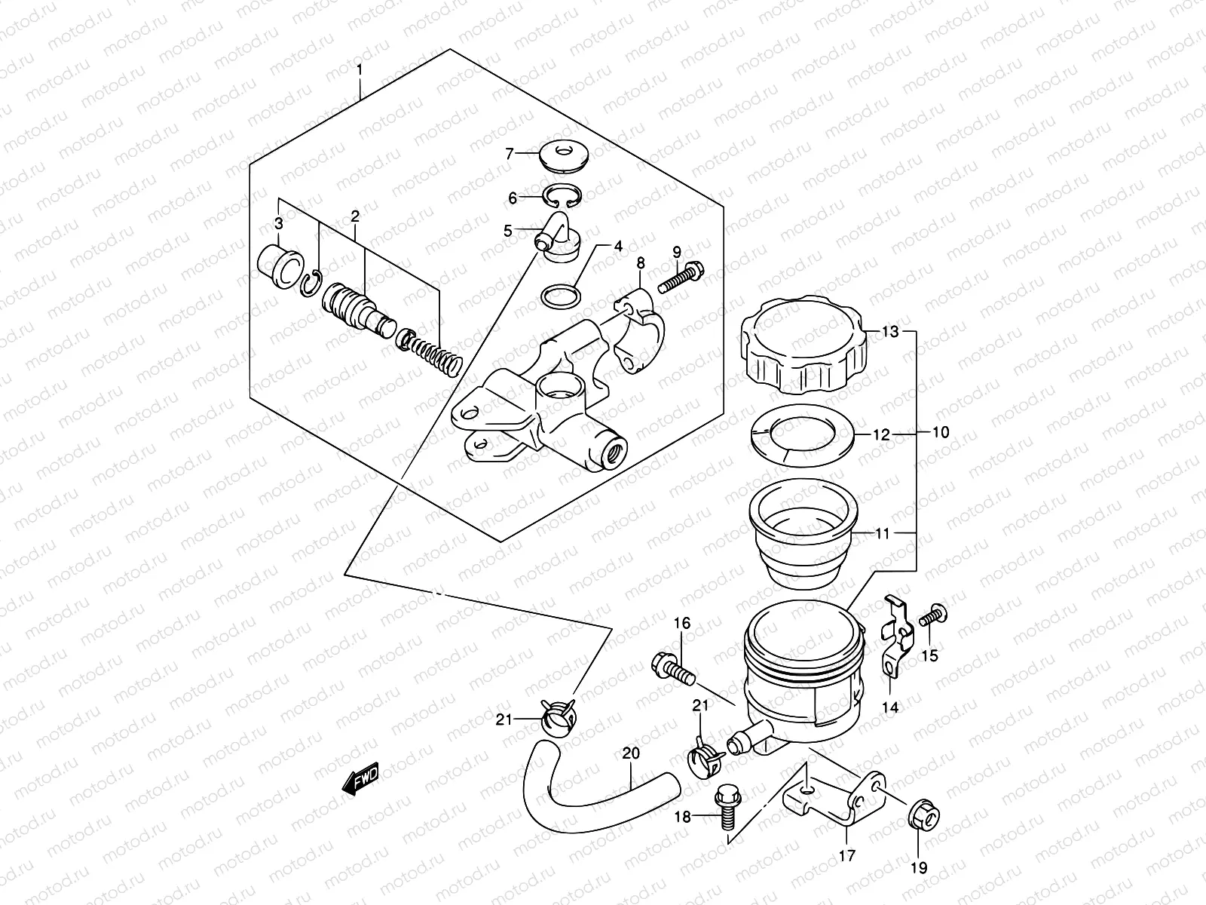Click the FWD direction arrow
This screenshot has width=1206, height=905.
point(360,780)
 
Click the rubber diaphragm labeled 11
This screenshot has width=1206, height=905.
point(803,535)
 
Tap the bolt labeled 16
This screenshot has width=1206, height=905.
point(672,668)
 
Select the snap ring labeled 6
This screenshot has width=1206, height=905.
point(565,195)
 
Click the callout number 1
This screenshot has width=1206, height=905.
point(360,70)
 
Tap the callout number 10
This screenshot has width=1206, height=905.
point(940,433)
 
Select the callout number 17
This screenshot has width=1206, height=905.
point(846,856)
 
